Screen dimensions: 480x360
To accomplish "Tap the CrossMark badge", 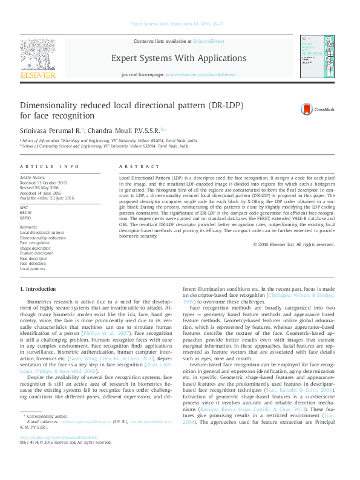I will [x=313, y=109].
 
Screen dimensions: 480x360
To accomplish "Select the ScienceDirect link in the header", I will [x=209, y=41].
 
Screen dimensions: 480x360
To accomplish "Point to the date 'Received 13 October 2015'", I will [x=44, y=182].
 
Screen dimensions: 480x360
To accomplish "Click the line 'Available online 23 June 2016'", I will [x=47, y=198].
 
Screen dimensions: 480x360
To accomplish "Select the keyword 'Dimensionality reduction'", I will [x=43, y=238].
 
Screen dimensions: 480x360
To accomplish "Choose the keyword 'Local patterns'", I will [x=33, y=268].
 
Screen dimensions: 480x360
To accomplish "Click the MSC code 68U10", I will [x=25, y=213].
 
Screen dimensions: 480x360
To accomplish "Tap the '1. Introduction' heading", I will [x=38, y=290].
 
